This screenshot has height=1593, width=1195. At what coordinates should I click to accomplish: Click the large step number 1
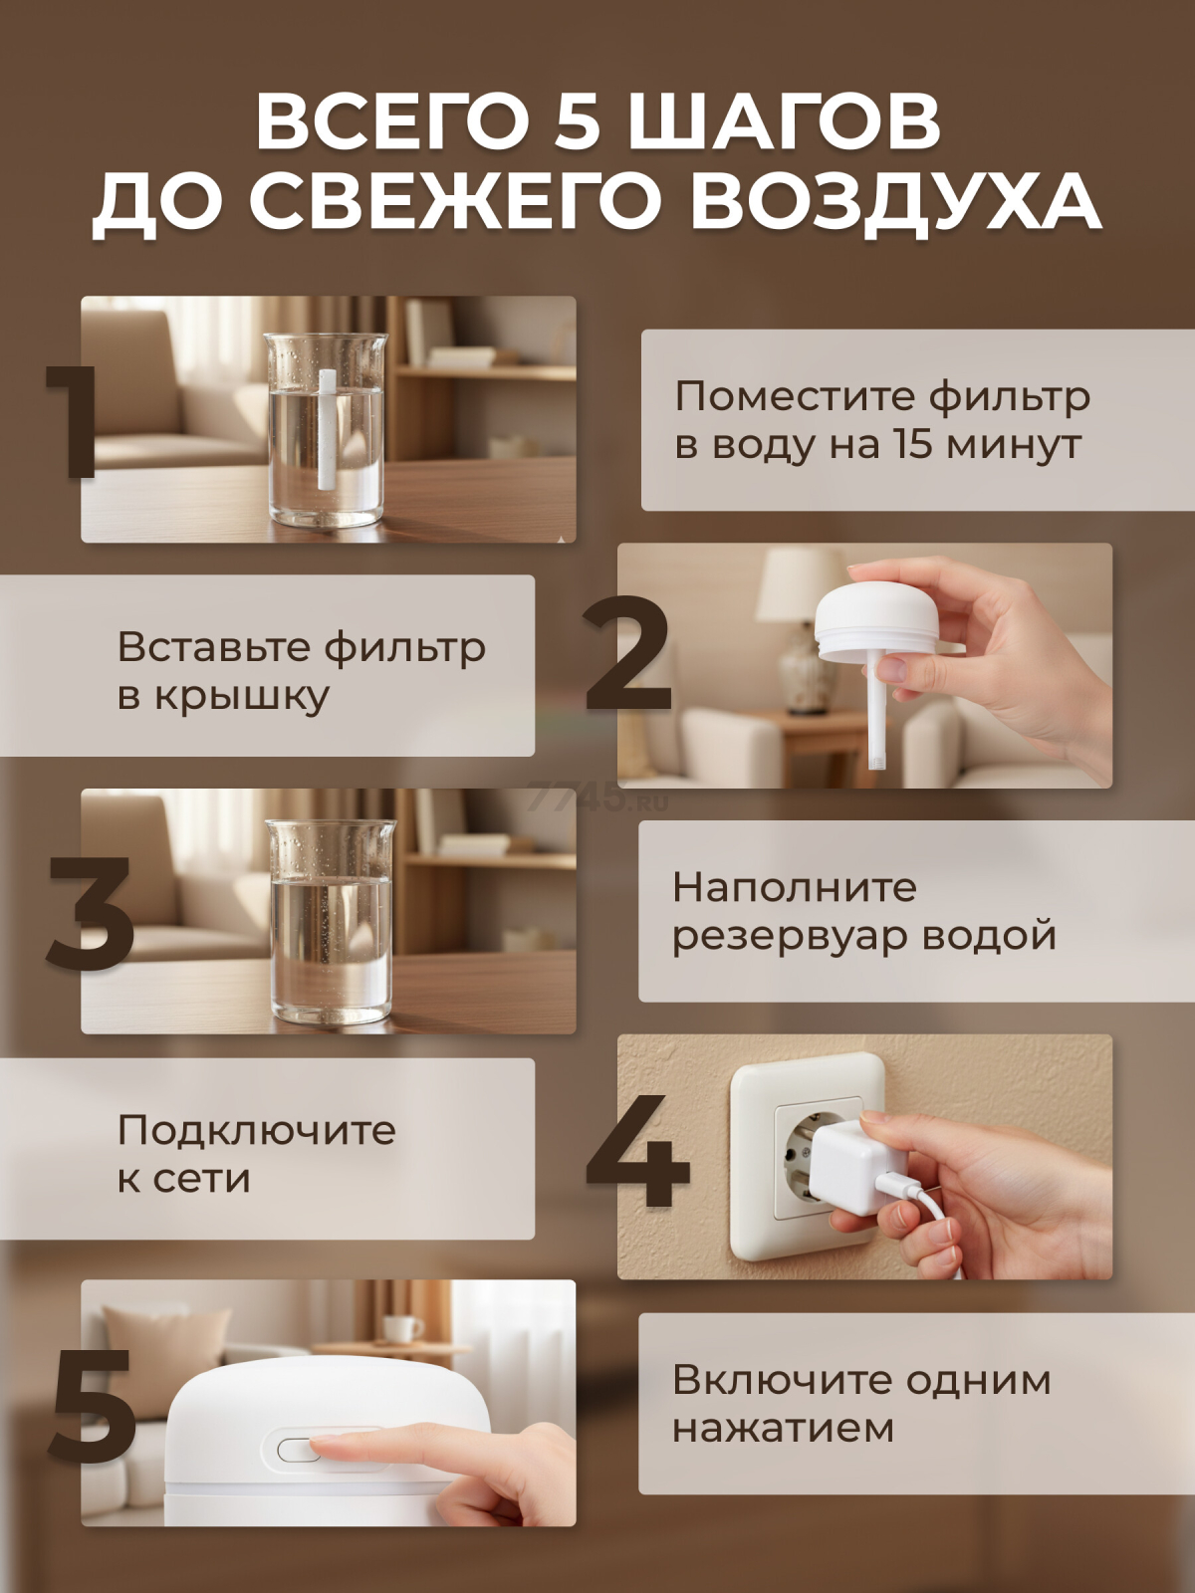(x=73, y=422)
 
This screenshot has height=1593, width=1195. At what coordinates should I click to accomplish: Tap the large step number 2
(x=628, y=654)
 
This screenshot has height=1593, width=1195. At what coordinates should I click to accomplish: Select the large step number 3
(x=91, y=913)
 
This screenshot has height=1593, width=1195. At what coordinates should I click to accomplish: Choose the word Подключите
(x=257, y=1130)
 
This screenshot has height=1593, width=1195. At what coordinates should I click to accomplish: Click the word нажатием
(x=783, y=1428)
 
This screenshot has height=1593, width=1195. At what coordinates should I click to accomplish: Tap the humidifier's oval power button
(x=299, y=1450)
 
